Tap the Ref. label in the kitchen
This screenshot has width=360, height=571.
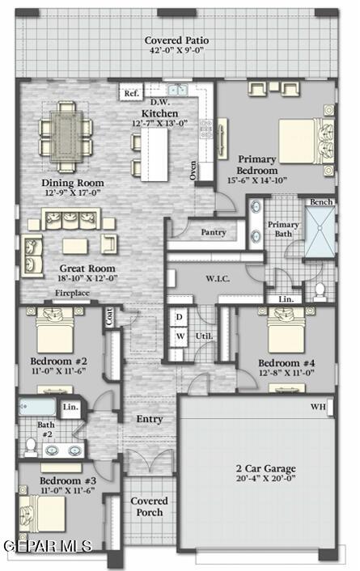click(131, 94)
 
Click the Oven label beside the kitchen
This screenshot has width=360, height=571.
click(193, 170)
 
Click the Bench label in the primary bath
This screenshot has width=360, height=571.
click(321, 201)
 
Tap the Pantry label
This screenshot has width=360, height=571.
click(213, 232)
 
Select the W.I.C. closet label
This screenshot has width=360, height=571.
click(218, 277)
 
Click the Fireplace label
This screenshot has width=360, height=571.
click(71, 293)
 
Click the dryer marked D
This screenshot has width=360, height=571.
click(180, 316)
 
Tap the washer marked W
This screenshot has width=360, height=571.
click(180, 336)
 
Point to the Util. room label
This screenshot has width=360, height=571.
click(203, 335)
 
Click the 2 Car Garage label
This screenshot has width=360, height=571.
click(265, 468)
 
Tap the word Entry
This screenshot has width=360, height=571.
click(150, 419)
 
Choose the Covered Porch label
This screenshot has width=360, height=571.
click(149, 507)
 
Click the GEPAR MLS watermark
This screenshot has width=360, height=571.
click(46, 546)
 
